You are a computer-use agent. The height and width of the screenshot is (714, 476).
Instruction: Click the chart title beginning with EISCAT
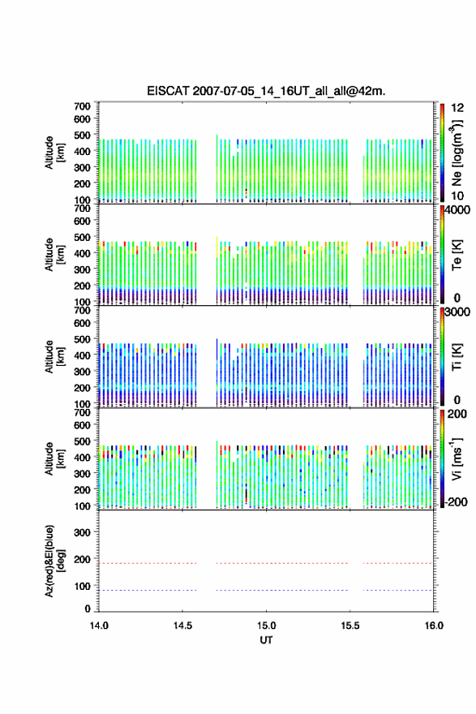tap(266, 91)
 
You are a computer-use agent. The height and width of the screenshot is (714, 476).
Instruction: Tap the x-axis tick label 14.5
tap(182, 626)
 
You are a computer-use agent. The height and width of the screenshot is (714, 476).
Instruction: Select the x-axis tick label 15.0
tap(266, 626)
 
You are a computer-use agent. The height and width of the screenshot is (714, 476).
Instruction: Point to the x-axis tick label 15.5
tap(350, 626)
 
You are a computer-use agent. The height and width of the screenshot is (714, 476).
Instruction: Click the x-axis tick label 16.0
tap(434, 626)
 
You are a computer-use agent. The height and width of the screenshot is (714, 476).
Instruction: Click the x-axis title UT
tap(266, 640)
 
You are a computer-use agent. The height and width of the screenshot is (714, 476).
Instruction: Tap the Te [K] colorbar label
tap(457, 255)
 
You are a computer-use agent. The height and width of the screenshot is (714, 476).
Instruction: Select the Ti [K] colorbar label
tap(457, 357)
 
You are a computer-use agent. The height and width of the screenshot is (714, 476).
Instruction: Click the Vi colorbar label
tap(457, 459)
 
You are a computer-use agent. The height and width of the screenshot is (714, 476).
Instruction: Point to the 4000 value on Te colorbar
tap(457, 210)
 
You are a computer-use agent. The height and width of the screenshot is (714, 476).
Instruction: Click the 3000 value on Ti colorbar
tap(457, 312)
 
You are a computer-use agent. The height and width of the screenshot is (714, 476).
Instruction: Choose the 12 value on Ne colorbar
tap(457, 108)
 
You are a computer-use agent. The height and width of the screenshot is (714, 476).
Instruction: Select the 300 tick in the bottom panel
tap(82, 532)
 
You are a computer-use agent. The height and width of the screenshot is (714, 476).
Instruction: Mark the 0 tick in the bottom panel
tap(88, 609)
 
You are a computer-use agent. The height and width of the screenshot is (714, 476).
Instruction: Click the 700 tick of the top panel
tap(82, 106)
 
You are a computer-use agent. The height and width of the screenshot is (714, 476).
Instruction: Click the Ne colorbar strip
tap(442, 153)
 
